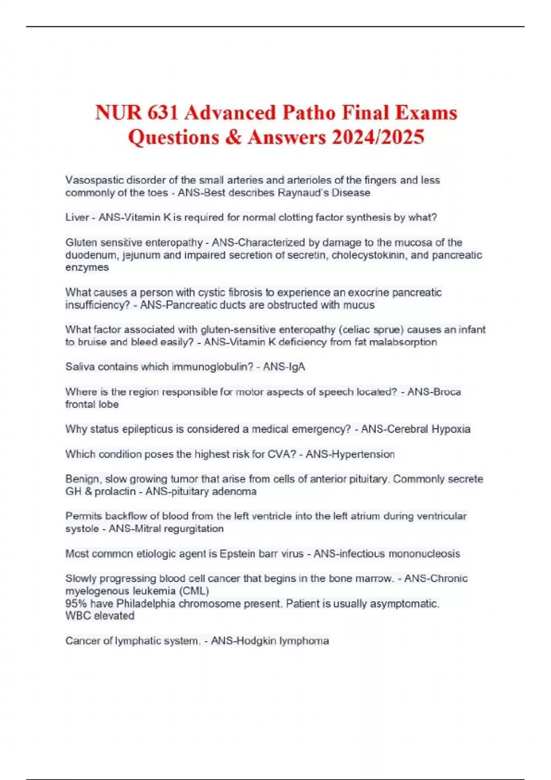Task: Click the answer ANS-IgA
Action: [x=284, y=367]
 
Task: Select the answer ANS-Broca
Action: [x=434, y=392]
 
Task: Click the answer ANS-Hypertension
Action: [x=350, y=454]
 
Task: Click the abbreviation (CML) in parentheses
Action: [x=193, y=591]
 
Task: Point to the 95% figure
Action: [x=76, y=604]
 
